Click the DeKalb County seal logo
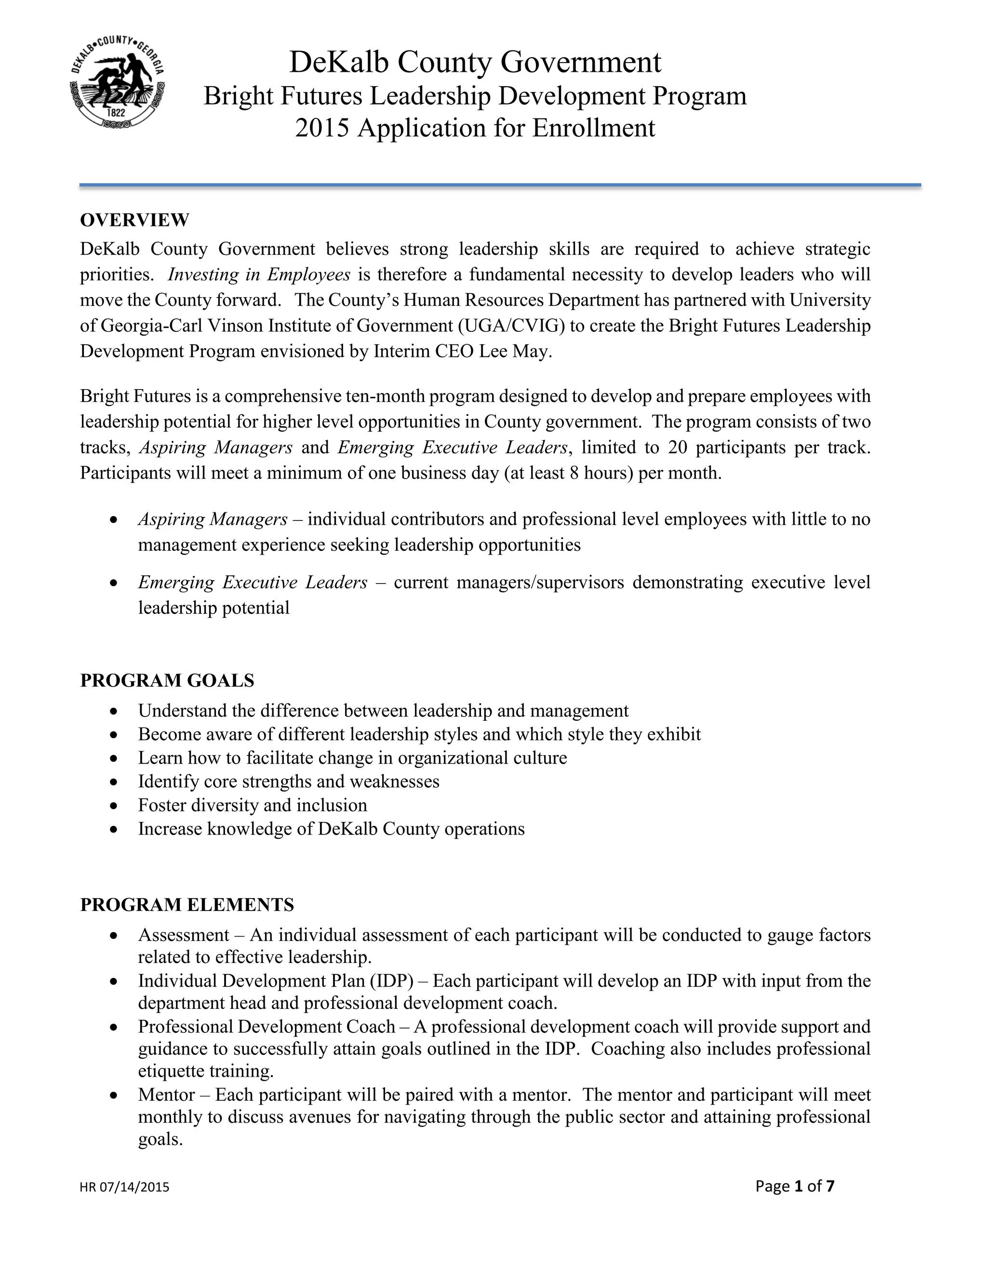coord(117,82)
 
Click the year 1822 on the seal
coord(117,112)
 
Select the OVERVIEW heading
coord(134,220)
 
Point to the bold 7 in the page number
coord(830,1186)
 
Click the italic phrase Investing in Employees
coord(259,274)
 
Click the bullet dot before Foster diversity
coord(114,806)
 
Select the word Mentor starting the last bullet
coord(167,1095)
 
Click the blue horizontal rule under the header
coord(500,185)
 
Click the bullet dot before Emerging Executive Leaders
coord(114,583)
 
